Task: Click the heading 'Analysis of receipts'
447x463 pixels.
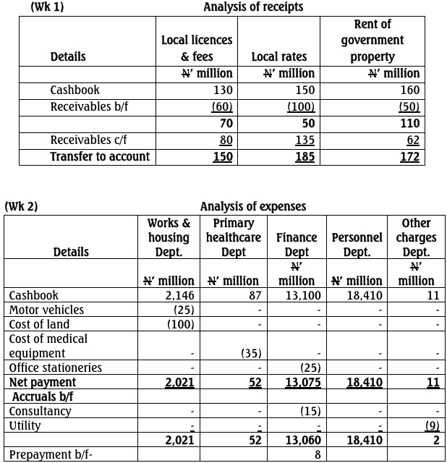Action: point(253,7)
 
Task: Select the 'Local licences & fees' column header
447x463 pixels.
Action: point(197,48)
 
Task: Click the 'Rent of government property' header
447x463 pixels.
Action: point(372,41)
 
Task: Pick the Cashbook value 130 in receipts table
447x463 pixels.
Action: point(223,90)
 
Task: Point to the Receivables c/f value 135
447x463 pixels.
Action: point(305,140)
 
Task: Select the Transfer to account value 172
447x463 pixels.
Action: point(409,157)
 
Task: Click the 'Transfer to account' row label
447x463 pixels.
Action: point(100,156)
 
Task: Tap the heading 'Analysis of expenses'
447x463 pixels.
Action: point(253,207)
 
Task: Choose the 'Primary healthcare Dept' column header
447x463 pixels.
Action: point(234,237)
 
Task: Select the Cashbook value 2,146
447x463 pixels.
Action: point(179,295)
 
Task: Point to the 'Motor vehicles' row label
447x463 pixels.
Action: point(46,310)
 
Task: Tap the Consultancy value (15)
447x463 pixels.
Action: point(307,411)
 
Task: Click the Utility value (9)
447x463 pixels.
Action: point(432,425)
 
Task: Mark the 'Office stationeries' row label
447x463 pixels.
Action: point(56,368)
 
